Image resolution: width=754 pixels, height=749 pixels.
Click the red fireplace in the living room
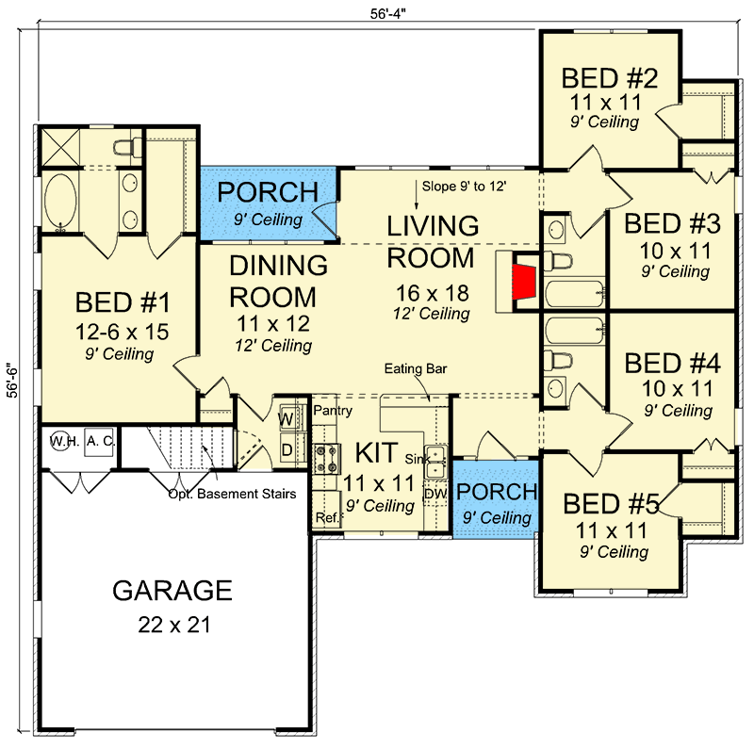coord(523,282)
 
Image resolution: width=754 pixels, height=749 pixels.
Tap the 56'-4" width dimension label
coord(388,14)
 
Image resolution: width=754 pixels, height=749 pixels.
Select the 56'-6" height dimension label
coord(12,383)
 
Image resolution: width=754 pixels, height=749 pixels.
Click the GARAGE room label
coord(172,591)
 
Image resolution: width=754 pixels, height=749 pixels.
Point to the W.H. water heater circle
coord(59,440)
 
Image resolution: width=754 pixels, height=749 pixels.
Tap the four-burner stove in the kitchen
coord(326,458)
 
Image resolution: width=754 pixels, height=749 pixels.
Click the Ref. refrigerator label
coord(327,517)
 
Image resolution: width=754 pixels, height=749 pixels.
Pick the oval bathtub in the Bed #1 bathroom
coord(60,201)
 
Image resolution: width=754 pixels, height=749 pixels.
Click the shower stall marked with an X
coord(60,148)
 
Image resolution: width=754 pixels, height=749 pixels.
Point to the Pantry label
coord(333,411)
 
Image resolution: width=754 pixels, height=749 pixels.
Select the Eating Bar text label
coord(416,368)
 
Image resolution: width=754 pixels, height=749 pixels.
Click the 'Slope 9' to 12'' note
coord(464,186)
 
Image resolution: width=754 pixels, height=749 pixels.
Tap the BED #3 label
coord(672,223)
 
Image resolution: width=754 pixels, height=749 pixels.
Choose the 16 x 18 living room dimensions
coord(433,293)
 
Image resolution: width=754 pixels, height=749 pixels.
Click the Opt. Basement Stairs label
coord(232,494)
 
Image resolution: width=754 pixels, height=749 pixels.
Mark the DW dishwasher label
coord(435,494)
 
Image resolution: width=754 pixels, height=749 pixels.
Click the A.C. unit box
coord(100,441)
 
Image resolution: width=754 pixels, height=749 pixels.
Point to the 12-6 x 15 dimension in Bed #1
coord(122,332)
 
